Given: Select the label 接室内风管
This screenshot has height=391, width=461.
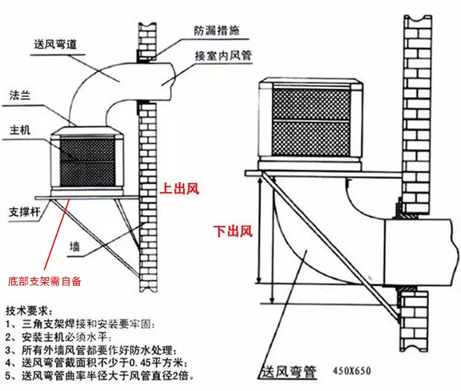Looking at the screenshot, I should (x=224, y=55).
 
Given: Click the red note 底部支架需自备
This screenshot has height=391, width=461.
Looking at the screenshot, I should (x=44, y=281).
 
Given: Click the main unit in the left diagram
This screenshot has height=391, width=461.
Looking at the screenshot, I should (x=87, y=160).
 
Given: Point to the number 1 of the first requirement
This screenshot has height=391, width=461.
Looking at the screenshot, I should (x=8, y=323).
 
